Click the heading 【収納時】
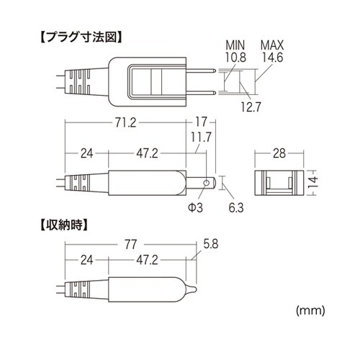tap(58, 224)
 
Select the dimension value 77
tap(129, 245)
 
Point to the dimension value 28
tap(281, 153)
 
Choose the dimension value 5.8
tap(210, 245)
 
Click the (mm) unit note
tap(310, 310)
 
